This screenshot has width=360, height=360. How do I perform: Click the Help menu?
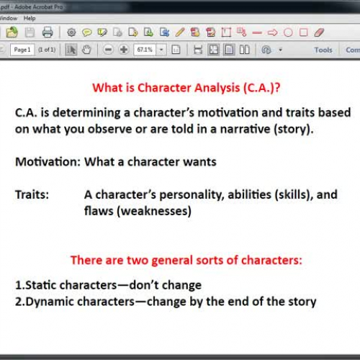coord(29,18)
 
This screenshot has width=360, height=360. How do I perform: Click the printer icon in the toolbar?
coord(48,32)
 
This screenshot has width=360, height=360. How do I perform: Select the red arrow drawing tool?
coord(272,32)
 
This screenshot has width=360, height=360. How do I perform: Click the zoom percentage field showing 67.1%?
coord(143,50)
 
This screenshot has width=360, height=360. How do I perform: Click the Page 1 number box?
coord(21,50)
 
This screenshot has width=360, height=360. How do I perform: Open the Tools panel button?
coord(323,50)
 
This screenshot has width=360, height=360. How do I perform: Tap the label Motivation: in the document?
coord(48,161)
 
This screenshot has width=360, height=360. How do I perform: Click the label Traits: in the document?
coord(32,194)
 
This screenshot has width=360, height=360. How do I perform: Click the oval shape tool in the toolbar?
coord(288,32)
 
